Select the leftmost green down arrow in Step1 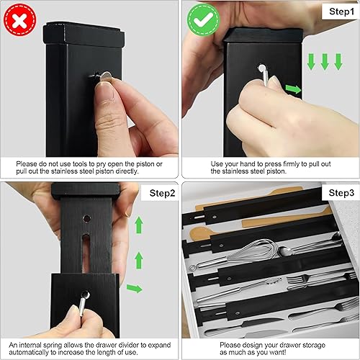coord(312,63)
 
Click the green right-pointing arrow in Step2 coord(134,288)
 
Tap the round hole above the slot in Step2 coord(86,217)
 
